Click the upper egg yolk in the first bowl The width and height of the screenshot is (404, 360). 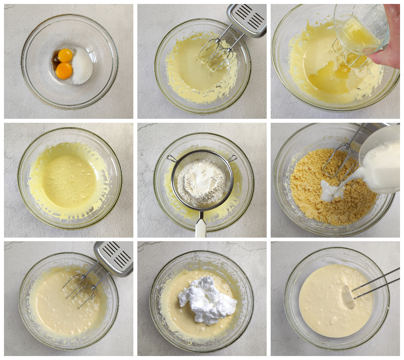click(x=65, y=55)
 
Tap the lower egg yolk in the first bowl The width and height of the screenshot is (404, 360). click(x=64, y=71)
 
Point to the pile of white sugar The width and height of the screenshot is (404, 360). click(x=82, y=66)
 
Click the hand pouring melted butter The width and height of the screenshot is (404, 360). click(x=389, y=47)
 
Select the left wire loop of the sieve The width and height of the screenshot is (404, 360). click(x=171, y=158)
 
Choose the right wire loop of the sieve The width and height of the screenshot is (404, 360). click(x=232, y=158)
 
